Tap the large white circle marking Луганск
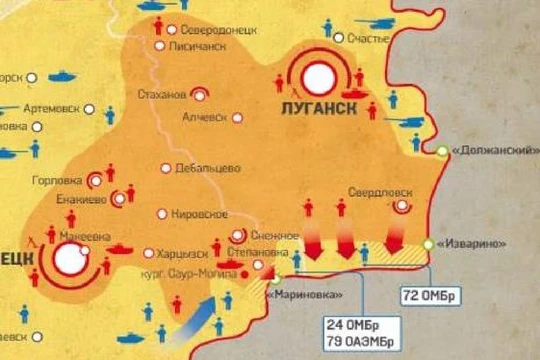click(321, 77)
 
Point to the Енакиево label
click(79, 200)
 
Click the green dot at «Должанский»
click(442, 151)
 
